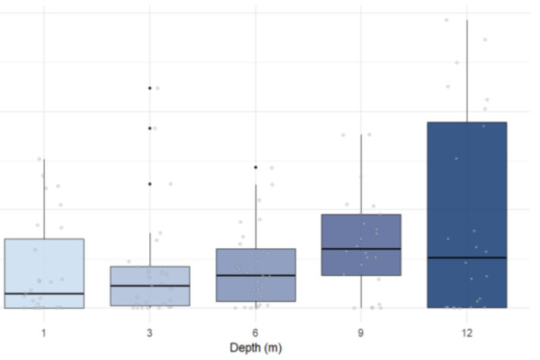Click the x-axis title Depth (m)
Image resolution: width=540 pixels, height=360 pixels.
click(255, 348)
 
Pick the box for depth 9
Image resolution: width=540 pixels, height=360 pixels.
click(361, 232)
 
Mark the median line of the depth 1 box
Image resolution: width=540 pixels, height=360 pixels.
click(44, 293)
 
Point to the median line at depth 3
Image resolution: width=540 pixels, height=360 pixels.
click(150, 285)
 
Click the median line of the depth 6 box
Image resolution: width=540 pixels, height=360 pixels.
click(256, 275)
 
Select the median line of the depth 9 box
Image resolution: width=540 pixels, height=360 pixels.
click(361, 249)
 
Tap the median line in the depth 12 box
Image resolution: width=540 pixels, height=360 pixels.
click(467, 257)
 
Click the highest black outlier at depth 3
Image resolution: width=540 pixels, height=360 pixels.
click(150, 88)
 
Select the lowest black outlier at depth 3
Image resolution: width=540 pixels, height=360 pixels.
click(150, 183)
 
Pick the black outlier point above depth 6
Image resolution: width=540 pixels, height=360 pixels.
click(256, 167)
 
